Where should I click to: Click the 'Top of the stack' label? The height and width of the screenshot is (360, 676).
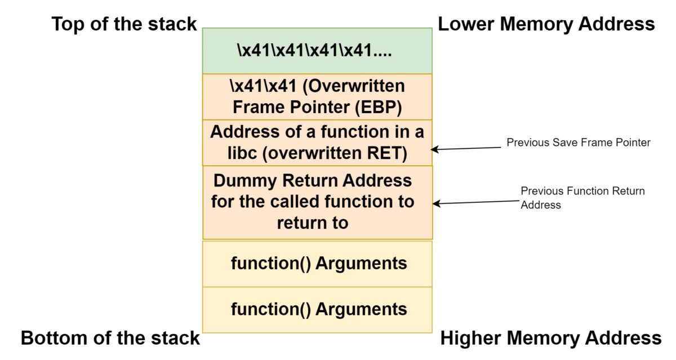point(124,24)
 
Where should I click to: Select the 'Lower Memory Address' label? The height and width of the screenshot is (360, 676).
point(546,24)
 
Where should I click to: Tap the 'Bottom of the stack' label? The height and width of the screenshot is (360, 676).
point(110,337)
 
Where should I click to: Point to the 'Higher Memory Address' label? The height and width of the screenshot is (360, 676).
point(550,337)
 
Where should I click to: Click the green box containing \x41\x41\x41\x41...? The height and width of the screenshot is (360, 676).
point(317,51)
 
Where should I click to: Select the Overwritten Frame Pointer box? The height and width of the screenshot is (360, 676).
point(317,96)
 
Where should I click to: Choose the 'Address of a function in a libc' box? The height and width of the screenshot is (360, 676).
point(317,143)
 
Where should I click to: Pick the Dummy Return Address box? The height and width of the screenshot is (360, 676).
point(317,202)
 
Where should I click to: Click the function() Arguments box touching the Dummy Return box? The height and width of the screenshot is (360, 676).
point(317,264)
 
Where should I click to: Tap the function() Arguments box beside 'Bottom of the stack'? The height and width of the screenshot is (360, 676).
point(317,309)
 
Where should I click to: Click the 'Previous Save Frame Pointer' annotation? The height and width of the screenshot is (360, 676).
point(578,143)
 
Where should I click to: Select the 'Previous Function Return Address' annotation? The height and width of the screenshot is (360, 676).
point(582,198)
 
